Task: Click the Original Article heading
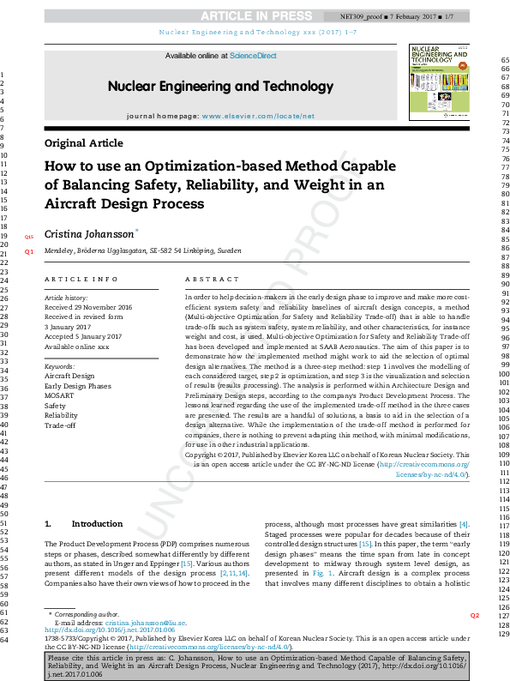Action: tap(84, 143)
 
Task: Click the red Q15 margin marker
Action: tap(28, 236)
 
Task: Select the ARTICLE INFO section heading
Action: tap(81, 280)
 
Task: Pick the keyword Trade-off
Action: tap(60, 425)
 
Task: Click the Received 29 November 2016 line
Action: tap(88, 307)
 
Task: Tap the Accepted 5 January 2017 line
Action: tap(83, 336)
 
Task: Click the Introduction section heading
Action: tap(97, 524)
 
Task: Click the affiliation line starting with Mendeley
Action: tap(142, 251)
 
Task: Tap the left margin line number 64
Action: tap(3, 640)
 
